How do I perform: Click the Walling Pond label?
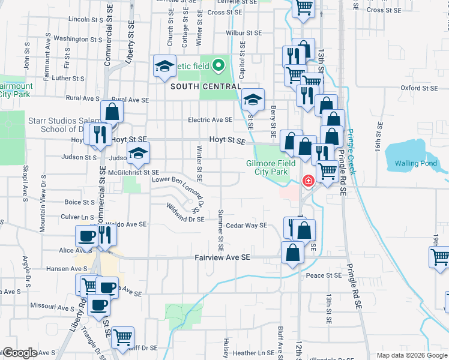point(415,163)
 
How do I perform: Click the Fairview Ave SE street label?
point(221,257)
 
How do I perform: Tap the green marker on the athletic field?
point(218,64)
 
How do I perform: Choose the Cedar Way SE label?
point(246,226)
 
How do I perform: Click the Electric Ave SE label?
point(209,120)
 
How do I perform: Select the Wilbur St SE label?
point(244,33)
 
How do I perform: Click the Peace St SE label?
point(324,275)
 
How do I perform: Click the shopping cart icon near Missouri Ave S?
point(88,286)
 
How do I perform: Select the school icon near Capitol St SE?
point(253,100)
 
